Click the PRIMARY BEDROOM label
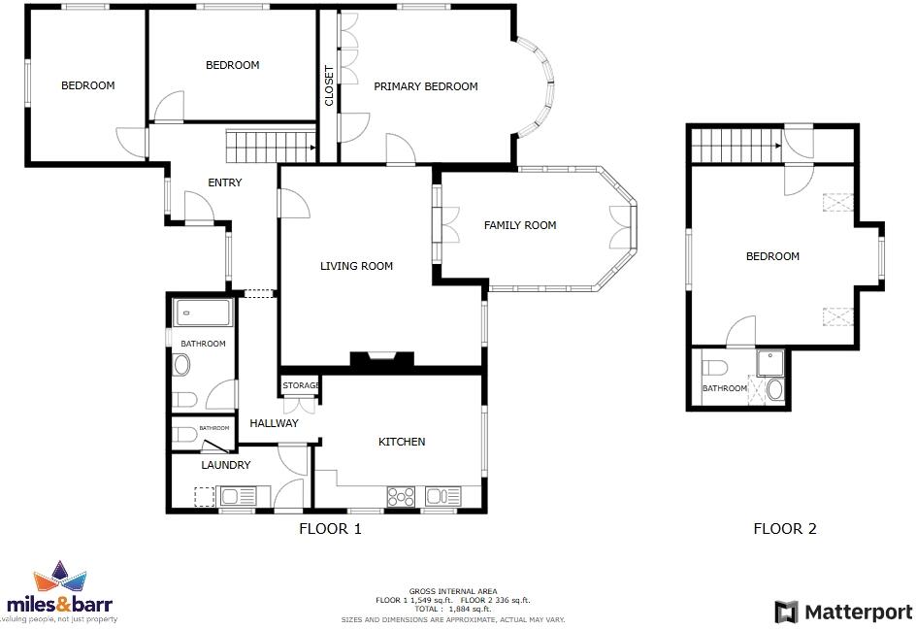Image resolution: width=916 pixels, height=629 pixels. pos(426,86)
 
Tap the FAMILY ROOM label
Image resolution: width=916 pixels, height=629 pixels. pos(520,225)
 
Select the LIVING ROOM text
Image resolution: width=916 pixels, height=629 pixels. pos(356,266)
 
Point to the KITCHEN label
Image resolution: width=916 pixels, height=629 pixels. pos(402,442)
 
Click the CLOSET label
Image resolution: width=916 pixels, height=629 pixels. pos(329,86)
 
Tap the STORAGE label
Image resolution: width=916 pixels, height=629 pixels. pos(301,385)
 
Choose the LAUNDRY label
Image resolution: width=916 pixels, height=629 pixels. pos(226,465)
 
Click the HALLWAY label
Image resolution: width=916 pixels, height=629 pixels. pos(274,423)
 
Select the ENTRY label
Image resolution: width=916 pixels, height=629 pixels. pos(225,182)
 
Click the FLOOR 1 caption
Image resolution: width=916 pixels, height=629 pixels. pos(330,529)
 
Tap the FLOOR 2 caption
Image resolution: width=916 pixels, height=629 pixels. pos(785,529)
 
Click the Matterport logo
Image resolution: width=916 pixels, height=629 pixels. pos(843,612)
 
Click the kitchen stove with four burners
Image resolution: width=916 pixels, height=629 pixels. pos(401,497)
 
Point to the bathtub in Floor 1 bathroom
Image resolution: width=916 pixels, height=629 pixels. pos(202,313)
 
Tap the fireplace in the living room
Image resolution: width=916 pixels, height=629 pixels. pos(382,359)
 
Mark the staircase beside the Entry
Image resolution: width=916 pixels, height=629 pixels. pos(270,148)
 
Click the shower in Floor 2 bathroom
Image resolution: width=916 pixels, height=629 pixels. pos(772,363)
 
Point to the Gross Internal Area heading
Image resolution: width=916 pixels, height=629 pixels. pos(452,591)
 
